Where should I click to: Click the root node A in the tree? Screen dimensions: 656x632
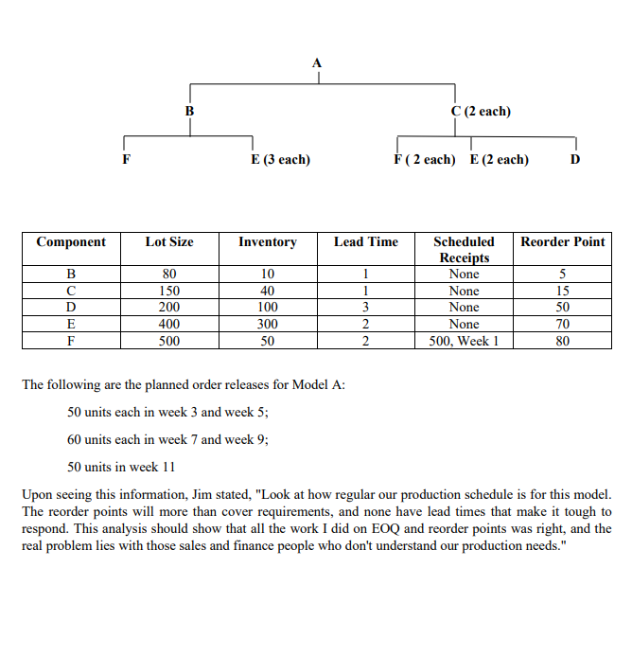coord(317,62)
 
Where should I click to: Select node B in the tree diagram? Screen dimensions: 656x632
coord(189,112)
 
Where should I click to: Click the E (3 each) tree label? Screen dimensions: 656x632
coord(280,160)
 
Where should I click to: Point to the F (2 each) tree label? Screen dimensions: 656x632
coord(425,160)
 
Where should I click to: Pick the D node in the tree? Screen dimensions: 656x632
coord(575,160)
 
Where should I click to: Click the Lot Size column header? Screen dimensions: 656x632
coord(169,242)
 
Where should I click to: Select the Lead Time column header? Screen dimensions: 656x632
coord(366,242)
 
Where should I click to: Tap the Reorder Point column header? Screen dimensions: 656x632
coord(563,242)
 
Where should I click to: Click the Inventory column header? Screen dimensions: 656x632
coord(268,242)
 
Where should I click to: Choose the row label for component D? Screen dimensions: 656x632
coord(71,308)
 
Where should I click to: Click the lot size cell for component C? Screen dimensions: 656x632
coord(169,292)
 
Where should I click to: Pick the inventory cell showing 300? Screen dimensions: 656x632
coord(268,324)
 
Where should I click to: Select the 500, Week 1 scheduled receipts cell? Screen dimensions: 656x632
coord(464,341)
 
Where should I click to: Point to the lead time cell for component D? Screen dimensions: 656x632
coord(366,308)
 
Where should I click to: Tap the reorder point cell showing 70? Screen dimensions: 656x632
coord(563,324)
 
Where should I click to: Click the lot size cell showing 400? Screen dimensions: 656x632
coord(169,324)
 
